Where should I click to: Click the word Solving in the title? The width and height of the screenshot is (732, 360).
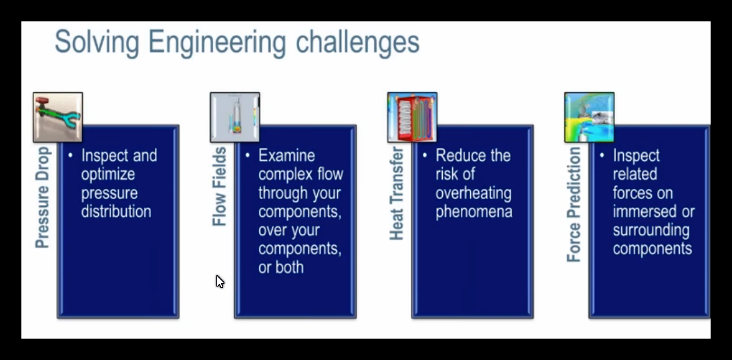click(97, 43)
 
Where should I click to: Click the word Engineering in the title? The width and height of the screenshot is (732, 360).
click(217, 43)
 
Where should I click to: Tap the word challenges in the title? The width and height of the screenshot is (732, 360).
click(357, 42)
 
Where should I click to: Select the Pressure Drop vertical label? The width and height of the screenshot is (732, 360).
click(43, 198)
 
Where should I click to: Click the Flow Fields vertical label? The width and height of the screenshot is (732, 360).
click(220, 187)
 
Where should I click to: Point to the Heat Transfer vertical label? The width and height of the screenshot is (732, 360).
click(396, 193)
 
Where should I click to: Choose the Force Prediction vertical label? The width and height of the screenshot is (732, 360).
click(574, 204)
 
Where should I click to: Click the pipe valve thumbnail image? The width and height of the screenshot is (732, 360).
click(58, 117)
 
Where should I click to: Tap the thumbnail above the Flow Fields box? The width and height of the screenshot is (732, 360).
click(235, 117)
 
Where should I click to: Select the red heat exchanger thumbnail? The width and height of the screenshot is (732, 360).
click(412, 117)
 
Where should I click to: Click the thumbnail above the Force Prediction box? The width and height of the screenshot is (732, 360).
click(589, 117)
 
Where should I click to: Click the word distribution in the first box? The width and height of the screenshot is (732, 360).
click(116, 212)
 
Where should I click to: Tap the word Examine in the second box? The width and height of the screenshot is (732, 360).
click(287, 156)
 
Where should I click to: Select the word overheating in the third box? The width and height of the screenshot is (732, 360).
click(474, 193)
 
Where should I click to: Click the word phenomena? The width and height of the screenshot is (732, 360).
click(474, 212)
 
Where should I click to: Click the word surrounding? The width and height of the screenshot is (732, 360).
click(651, 230)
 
